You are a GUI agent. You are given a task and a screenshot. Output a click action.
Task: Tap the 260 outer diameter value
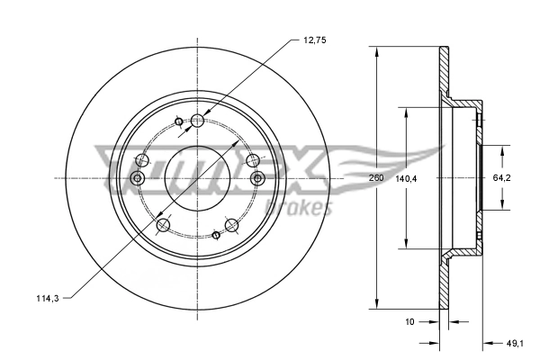376,178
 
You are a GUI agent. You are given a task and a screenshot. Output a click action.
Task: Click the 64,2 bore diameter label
502,178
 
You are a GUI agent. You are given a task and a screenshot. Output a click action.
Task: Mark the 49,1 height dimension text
515,342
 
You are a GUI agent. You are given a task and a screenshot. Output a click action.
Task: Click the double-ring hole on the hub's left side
138,179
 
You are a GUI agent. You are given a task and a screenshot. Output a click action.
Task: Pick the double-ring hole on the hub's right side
257,178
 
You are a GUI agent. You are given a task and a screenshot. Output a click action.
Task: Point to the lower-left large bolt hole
163,224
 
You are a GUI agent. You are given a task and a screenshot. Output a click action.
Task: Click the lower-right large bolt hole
231,223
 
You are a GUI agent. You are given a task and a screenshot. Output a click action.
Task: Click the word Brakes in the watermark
308,209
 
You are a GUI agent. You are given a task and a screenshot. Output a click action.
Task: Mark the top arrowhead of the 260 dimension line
374,50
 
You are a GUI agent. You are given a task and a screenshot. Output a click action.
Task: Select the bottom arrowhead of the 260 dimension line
374,305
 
